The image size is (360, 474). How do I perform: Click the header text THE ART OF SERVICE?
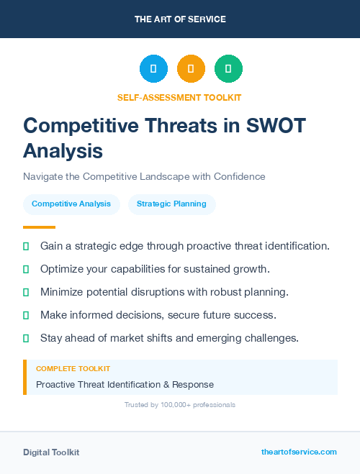[180, 19]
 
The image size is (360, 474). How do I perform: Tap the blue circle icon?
[153, 69]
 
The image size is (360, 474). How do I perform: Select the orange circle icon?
[191, 69]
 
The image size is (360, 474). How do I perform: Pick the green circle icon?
[228, 69]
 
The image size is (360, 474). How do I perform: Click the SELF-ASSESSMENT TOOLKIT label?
[179, 97]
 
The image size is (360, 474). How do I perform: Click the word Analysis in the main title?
[63, 151]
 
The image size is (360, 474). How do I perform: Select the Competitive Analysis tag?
[71, 204]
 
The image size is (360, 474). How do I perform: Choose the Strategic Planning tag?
[171, 204]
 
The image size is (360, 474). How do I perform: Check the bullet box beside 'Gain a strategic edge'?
[26, 246]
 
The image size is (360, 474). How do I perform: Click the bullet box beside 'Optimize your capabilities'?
[26, 269]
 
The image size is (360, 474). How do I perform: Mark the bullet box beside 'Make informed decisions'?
[26, 315]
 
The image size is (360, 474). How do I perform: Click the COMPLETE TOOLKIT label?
[73, 368]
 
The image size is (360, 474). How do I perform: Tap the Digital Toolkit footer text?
[51, 452]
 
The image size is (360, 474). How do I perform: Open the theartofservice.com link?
[299, 452]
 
